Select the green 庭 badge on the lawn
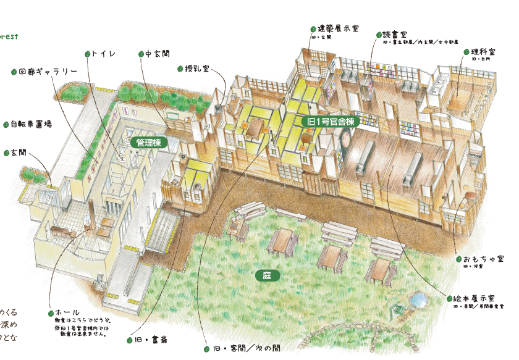(267, 275)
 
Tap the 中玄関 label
(153, 54)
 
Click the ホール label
(67, 313)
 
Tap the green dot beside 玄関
(6, 152)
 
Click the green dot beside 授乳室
(180, 69)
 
